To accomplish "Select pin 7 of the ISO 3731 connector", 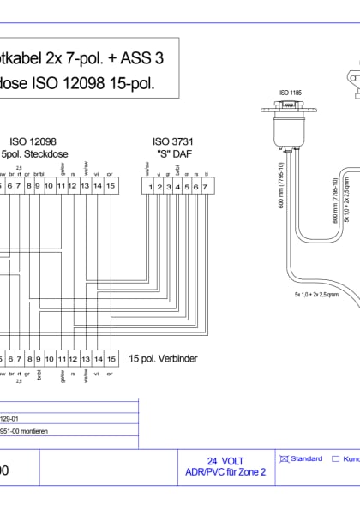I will (x=205, y=186).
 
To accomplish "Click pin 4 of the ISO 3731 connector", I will (x=177, y=186).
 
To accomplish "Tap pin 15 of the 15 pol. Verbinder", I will (x=111, y=359).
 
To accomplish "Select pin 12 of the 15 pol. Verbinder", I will (x=74, y=359).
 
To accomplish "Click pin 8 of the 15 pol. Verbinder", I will (x=28, y=359).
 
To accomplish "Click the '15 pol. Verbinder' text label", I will (x=164, y=359).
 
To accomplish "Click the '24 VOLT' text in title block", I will (x=225, y=460).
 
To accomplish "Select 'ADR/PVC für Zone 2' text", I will (x=225, y=471).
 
